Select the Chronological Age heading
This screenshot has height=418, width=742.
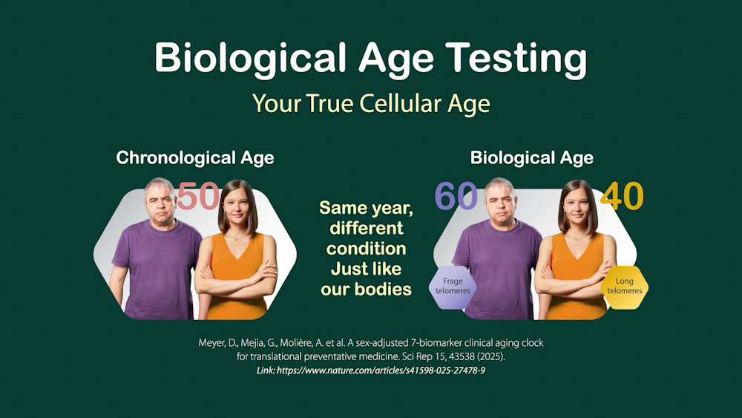click(195, 157)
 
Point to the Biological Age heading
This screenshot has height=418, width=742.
click(531, 157)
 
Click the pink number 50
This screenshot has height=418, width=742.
click(199, 196)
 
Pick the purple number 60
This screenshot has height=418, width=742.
click(456, 196)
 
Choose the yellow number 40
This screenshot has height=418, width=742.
click(622, 196)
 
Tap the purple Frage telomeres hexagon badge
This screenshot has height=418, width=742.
click(453, 287)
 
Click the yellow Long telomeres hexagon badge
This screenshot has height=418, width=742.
click(625, 287)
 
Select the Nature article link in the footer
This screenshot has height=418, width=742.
click(371, 370)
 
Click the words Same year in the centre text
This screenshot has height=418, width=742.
click(366, 208)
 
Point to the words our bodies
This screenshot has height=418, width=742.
click(366, 290)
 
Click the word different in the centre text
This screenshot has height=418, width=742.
click(367, 228)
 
